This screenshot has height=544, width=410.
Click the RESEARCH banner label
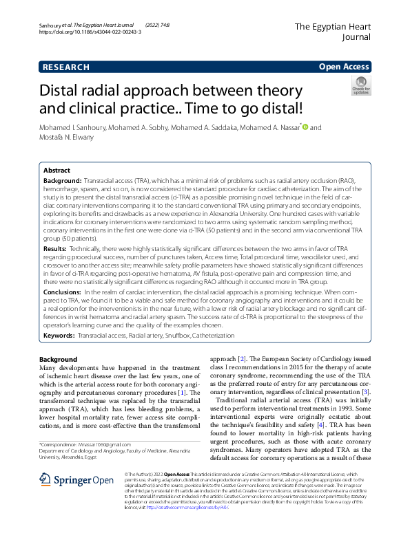[66, 67]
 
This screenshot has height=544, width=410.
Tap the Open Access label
[344, 67]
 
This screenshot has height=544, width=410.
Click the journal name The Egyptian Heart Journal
[332, 32]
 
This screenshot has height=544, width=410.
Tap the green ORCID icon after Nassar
[305, 127]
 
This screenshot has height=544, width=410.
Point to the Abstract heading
[57, 170]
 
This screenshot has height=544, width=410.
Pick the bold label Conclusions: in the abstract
[62, 292]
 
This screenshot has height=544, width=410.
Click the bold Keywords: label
[59, 336]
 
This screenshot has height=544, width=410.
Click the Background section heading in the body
[58, 360]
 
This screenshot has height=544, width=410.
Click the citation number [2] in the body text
[242, 360]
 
